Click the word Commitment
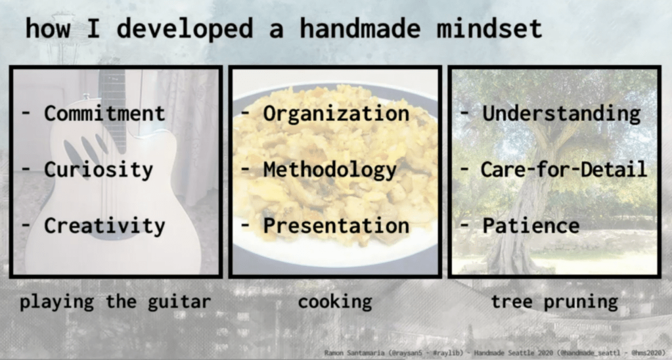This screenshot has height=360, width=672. coord(104,114)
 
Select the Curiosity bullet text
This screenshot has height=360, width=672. coord(99,170)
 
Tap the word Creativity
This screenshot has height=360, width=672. coord(104,226)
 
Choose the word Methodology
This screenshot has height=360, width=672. coord(330,170)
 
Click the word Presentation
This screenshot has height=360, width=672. coord(336,226)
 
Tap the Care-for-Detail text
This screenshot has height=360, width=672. coord(564,169)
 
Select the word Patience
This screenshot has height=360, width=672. coord(531,226)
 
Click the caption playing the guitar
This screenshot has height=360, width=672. coord(116,302)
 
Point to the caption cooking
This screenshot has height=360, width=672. coord(335,302)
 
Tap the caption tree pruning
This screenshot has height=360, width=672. coord(554,302)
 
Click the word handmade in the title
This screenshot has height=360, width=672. coord(359,29)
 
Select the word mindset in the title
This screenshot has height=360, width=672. coord(489,29)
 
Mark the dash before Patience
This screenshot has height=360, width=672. coord(464,226)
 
